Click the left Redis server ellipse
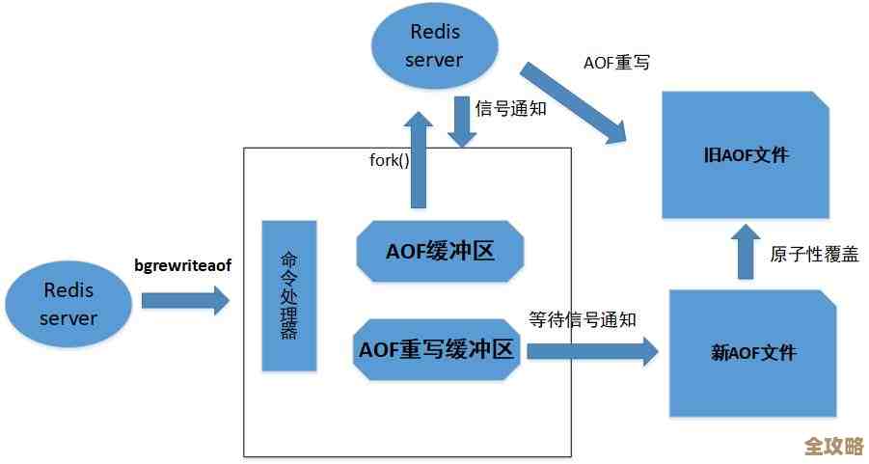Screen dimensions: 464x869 pos(69,303)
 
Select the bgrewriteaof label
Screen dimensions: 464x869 pos(183,263)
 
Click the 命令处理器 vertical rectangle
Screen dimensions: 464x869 pos(288,296)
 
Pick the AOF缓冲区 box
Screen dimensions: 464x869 pos(440,252)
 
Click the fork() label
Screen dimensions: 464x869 pos(390,160)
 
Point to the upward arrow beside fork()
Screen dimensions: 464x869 pos(419,159)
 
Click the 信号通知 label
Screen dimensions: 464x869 pos(511,108)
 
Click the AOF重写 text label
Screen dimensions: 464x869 pos(616,63)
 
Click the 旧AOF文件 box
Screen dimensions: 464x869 pos(746,155)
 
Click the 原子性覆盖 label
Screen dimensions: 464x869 pos(814,254)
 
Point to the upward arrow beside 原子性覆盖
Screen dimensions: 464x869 pos(746,251)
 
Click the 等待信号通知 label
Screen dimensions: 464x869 pos(582,319)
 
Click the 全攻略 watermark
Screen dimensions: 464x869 pos(833,447)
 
